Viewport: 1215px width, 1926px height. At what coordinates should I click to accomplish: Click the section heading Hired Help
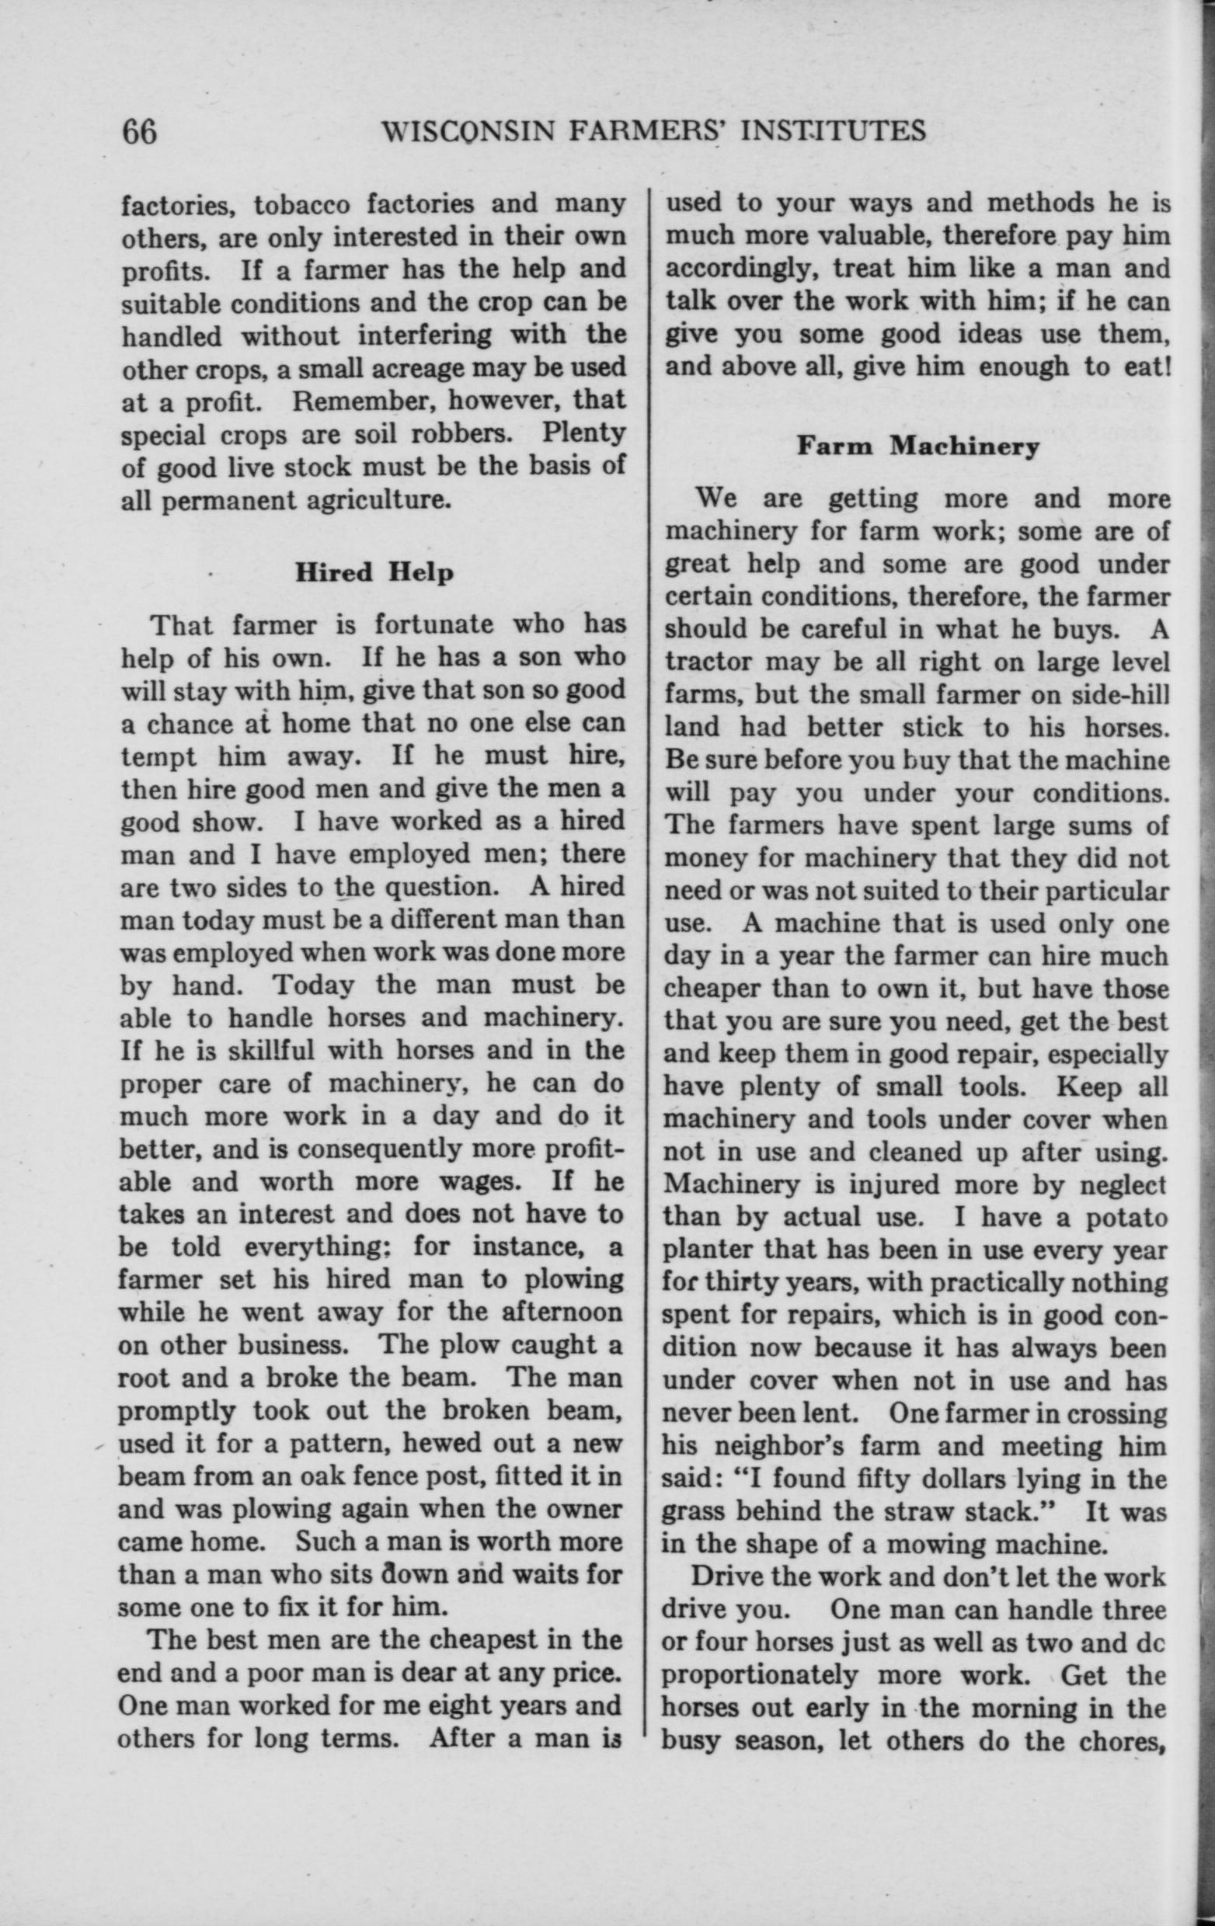pos(374,572)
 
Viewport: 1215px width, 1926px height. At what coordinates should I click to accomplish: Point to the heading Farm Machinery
pos(917,447)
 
